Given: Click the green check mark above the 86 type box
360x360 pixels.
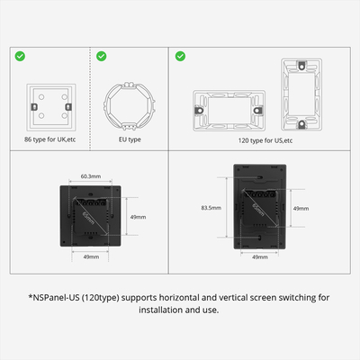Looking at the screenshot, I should tap(20, 56).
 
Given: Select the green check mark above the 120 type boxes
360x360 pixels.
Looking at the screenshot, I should tap(181, 56).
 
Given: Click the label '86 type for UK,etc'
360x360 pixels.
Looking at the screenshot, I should tap(51, 139).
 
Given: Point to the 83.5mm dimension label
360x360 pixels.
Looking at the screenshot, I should tap(211, 207).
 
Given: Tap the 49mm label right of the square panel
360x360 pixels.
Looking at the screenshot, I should tap(139, 217).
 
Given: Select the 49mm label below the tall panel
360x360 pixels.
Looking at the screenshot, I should tap(259, 257).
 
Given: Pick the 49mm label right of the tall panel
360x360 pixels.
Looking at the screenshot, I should tap(301, 208).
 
